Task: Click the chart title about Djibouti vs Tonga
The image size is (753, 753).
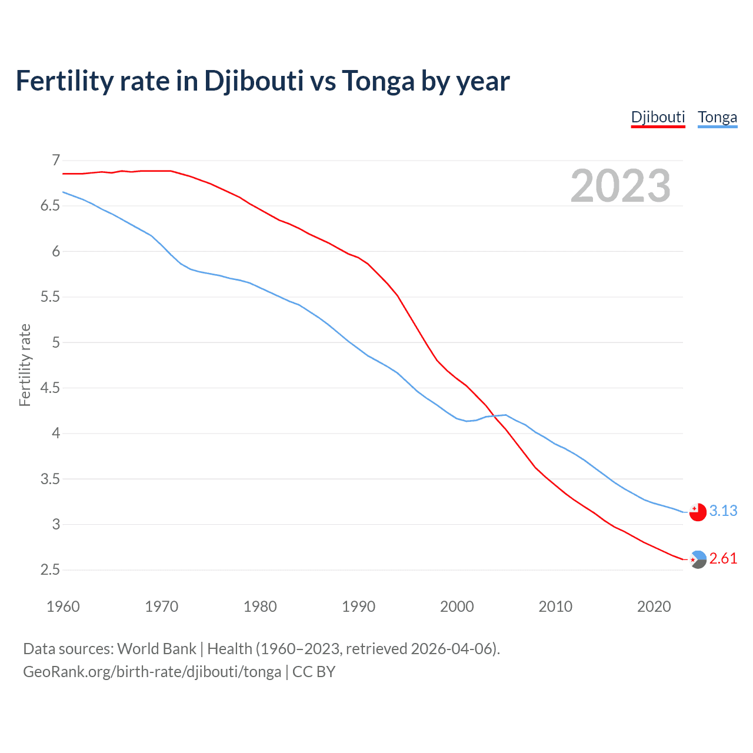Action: coord(262,81)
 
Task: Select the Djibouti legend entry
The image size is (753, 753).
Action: coord(658,117)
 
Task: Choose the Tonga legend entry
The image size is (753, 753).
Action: coord(717,117)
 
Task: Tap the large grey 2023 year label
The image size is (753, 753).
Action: coord(620,186)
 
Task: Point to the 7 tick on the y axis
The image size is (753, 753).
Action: coord(56,160)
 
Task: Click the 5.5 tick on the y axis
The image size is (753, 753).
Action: coord(50,297)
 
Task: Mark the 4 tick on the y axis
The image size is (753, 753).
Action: coord(56,434)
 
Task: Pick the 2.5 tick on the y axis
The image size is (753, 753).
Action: coord(50,570)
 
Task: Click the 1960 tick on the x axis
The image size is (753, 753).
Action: coord(63,607)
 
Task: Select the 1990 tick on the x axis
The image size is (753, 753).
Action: coord(358,607)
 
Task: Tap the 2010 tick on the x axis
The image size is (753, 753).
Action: coord(555,607)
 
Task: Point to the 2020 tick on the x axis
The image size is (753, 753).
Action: coord(654,607)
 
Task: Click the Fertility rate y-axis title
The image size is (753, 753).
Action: coord(25,365)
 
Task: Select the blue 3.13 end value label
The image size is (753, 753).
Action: coord(723,511)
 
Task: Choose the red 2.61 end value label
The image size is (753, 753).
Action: coord(723,558)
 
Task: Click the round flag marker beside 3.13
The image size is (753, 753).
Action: coord(698,512)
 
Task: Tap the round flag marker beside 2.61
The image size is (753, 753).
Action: coord(698,559)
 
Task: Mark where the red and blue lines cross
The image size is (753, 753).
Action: coord(494,416)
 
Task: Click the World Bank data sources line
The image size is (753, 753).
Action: coord(261,649)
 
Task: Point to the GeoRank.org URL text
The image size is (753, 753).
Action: coord(152,672)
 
